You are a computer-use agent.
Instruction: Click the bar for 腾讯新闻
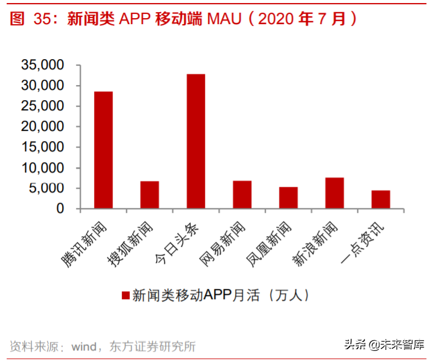(x=103, y=150)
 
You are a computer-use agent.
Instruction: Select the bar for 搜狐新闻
(x=149, y=195)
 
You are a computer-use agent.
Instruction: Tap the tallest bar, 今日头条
(x=196, y=141)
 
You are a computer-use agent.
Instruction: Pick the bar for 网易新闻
(x=242, y=195)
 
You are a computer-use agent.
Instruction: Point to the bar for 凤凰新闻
(x=288, y=198)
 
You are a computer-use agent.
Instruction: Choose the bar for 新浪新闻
(x=335, y=193)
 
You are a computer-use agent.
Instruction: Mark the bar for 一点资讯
(x=380, y=200)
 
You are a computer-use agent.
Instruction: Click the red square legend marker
(x=125, y=295)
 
